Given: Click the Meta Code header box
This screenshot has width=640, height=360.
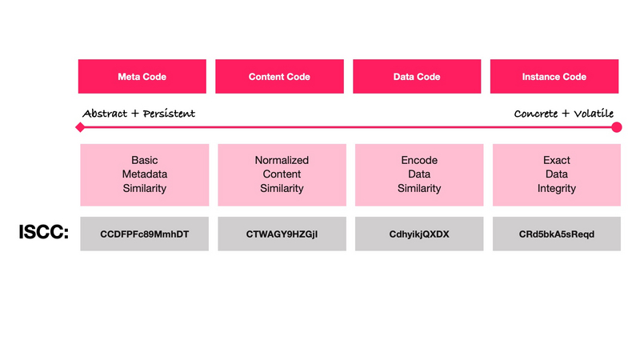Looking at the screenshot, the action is point(142,76).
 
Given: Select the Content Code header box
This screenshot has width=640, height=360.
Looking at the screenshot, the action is point(279,76).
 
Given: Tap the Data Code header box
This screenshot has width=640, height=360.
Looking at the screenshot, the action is point(417,76).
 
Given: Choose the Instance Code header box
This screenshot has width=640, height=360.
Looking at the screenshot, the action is point(554,76).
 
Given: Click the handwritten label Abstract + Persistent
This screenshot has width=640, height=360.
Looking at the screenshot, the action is point(138,114).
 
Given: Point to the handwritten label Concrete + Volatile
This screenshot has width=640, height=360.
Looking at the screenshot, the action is point(564,114).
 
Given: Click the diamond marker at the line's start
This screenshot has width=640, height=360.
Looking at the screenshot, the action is point(81,127).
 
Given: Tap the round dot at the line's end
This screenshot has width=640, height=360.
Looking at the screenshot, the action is point(617,127).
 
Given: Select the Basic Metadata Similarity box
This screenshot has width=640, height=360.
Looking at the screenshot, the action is point(145,174).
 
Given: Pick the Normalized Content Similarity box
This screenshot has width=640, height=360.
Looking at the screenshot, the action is point(282,174).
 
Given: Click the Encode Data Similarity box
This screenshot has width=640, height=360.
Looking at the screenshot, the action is point(419,174).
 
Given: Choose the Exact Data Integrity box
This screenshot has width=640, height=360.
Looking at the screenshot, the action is point(557,174).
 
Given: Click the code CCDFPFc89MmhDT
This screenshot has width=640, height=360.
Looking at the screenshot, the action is point(145,234).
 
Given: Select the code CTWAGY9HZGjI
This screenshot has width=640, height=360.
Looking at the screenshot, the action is point(282,234).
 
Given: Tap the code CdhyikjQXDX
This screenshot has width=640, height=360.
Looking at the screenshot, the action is point(419,234).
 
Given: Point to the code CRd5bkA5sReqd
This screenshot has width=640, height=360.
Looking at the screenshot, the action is point(557,234).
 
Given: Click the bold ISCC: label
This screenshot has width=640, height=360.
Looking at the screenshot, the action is point(44,232).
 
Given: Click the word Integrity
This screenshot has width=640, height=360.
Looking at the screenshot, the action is point(557,189).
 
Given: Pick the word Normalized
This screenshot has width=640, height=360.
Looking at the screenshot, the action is point(282,160).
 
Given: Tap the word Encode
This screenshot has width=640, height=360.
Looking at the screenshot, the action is point(419,160).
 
